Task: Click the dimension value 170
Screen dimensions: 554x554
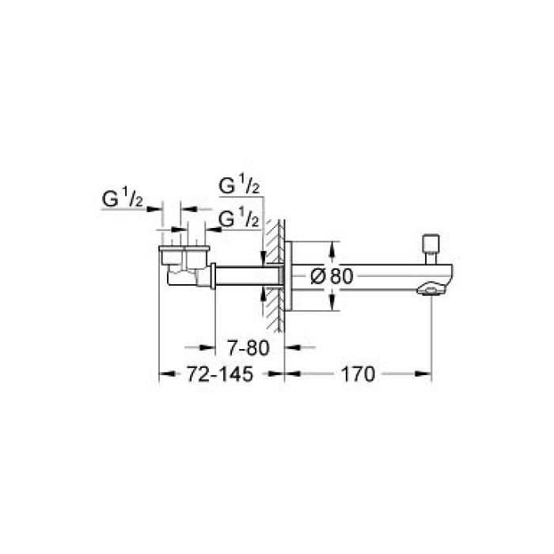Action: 357,375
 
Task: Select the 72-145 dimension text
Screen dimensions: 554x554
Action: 221,375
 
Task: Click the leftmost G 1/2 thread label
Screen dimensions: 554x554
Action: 122,201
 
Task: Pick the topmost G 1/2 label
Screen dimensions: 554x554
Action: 240,187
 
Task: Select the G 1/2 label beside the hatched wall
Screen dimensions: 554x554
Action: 237,218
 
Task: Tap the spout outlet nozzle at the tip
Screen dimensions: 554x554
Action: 428,290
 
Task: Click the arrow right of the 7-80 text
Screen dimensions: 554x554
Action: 290,347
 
